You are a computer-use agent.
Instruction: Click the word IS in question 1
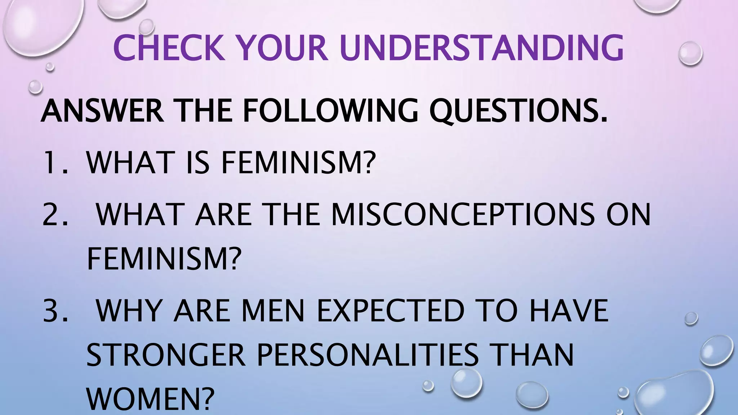point(197,162)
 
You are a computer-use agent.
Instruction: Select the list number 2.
point(54,214)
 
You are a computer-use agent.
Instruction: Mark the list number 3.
point(54,310)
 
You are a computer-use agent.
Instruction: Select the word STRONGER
point(166,355)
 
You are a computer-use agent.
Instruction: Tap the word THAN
point(533,355)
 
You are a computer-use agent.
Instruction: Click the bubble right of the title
point(690,53)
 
